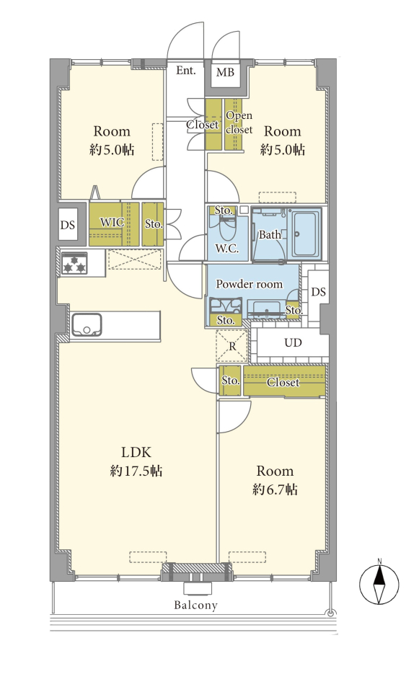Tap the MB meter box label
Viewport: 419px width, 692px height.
pyautogui.click(x=225, y=71)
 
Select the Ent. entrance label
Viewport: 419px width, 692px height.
pyautogui.click(x=186, y=70)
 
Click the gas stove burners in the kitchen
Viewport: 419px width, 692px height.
pyautogui.click(x=74, y=263)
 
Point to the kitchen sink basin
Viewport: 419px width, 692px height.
pyautogui.click(x=87, y=324)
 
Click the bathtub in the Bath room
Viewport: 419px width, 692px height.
pyautogui.click(x=304, y=234)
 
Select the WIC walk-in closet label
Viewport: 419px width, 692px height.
pyautogui.click(x=113, y=222)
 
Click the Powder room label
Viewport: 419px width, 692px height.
pyautogui.click(x=249, y=284)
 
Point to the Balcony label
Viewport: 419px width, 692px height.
pyautogui.click(x=195, y=605)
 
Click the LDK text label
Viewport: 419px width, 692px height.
pyautogui.click(x=136, y=452)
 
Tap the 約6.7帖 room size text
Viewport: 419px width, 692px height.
pyautogui.click(x=275, y=489)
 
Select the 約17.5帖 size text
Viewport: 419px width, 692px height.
pyautogui.click(x=136, y=471)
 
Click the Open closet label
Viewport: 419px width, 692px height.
pyautogui.click(x=239, y=123)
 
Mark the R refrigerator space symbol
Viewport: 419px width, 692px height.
pyautogui.click(x=232, y=346)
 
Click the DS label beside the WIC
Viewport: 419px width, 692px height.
pyautogui.click(x=68, y=225)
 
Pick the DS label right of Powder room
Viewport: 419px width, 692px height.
pyautogui.click(x=318, y=291)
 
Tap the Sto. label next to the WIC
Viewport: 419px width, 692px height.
pyautogui.click(x=154, y=223)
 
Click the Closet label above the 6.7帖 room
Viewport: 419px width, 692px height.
pyautogui.click(x=283, y=382)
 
